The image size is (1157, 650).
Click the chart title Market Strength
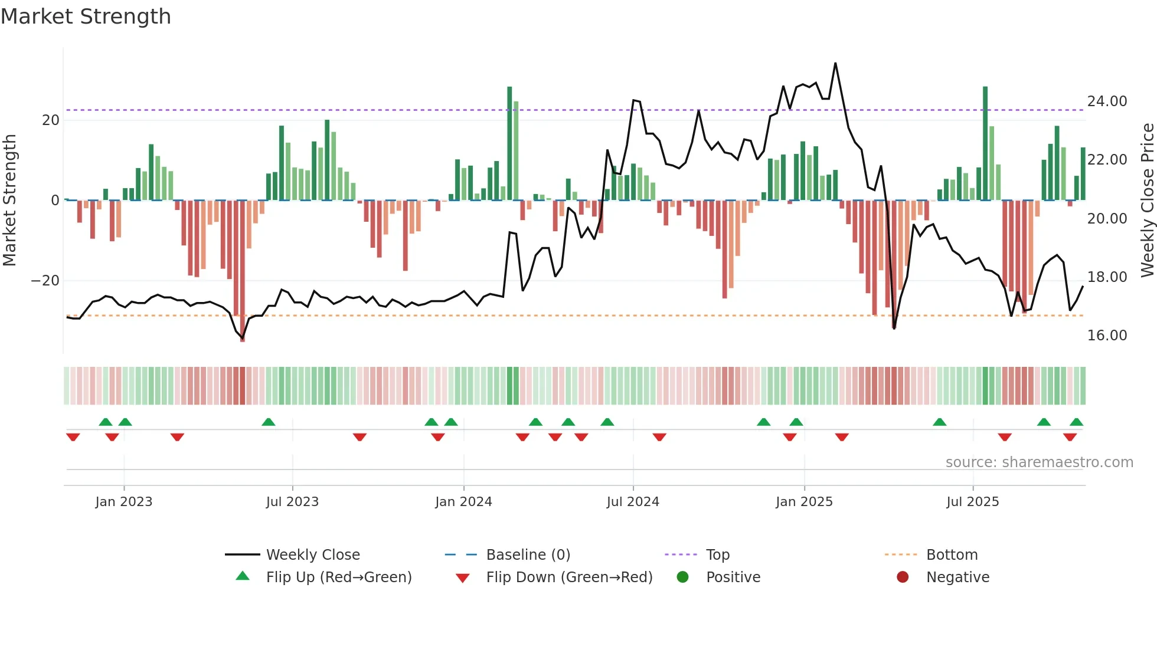(x=86, y=17)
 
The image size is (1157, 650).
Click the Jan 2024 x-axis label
(x=463, y=502)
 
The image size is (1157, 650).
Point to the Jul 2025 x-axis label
(x=972, y=502)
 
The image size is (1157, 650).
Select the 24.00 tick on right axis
(x=1107, y=101)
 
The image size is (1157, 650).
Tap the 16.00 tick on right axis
(x=1107, y=336)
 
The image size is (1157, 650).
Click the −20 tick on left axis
(x=45, y=281)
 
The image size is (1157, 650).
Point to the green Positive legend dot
(x=683, y=577)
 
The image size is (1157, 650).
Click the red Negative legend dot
(x=903, y=577)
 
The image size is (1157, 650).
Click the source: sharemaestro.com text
(x=1039, y=462)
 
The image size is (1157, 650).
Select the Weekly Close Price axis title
(x=1147, y=201)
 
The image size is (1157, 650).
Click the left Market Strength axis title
(x=10, y=201)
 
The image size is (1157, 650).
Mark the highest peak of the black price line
(x=835, y=63)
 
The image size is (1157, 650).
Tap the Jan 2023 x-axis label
(x=124, y=502)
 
